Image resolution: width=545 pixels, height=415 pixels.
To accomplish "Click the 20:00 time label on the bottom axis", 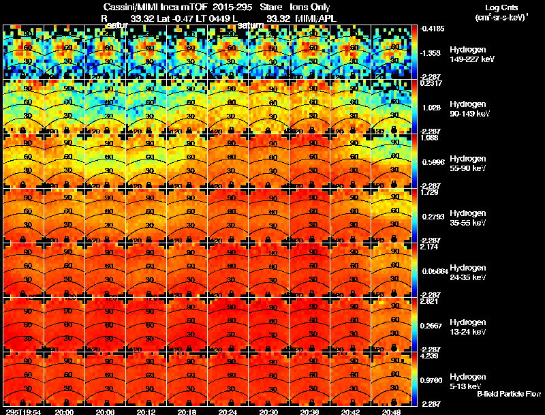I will pos(64,412).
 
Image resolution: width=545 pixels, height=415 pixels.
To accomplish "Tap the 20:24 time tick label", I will pos(228,412).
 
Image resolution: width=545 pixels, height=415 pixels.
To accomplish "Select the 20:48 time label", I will pos(391,412).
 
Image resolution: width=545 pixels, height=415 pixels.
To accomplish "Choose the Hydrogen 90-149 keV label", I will pos(469,109).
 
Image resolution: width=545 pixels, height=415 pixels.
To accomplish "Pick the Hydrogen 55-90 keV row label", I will pos(468,164).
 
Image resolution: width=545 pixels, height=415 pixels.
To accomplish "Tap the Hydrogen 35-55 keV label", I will pos(468,218).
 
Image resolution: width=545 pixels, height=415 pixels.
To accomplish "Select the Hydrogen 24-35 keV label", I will pos(468,273).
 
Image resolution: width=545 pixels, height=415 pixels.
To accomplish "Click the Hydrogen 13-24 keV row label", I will pos(468,327).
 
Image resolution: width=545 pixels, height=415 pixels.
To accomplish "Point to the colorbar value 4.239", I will pos(429,356).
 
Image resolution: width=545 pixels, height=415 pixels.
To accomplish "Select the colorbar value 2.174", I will pos(429,247).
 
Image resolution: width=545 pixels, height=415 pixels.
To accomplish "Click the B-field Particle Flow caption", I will pos(508,395).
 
